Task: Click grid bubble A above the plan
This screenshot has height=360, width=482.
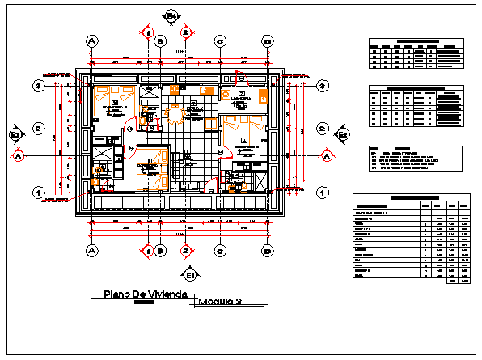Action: tap(91, 40)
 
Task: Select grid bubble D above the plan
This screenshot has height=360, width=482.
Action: tap(266, 40)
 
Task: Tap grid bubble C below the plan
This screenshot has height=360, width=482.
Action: tap(219, 250)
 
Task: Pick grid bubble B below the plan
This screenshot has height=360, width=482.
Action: tap(160, 250)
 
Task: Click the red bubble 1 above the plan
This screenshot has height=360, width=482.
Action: tap(149, 32)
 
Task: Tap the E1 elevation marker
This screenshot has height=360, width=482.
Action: tap(189, 274)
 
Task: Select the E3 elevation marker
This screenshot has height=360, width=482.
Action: tap(15, 134)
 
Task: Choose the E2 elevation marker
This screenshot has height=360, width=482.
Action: tap(343, 134)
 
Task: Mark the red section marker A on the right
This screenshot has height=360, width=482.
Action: tap(327, 155)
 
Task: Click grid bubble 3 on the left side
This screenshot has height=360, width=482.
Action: tap(37, 85)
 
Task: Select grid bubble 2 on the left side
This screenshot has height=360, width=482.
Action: tap(37, 129)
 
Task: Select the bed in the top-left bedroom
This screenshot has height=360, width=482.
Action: tap(108, 100)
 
